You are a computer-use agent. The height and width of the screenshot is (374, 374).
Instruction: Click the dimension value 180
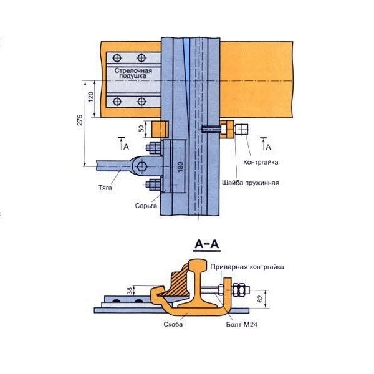(180, 166)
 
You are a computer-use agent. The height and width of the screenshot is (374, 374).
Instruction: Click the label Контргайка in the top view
(257, 162)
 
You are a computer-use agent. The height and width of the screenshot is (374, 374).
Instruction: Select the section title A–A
(206, 246)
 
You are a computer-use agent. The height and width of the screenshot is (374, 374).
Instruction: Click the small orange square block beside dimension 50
(160, 130)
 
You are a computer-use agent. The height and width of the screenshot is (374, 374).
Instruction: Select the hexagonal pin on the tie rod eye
(142, 166)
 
